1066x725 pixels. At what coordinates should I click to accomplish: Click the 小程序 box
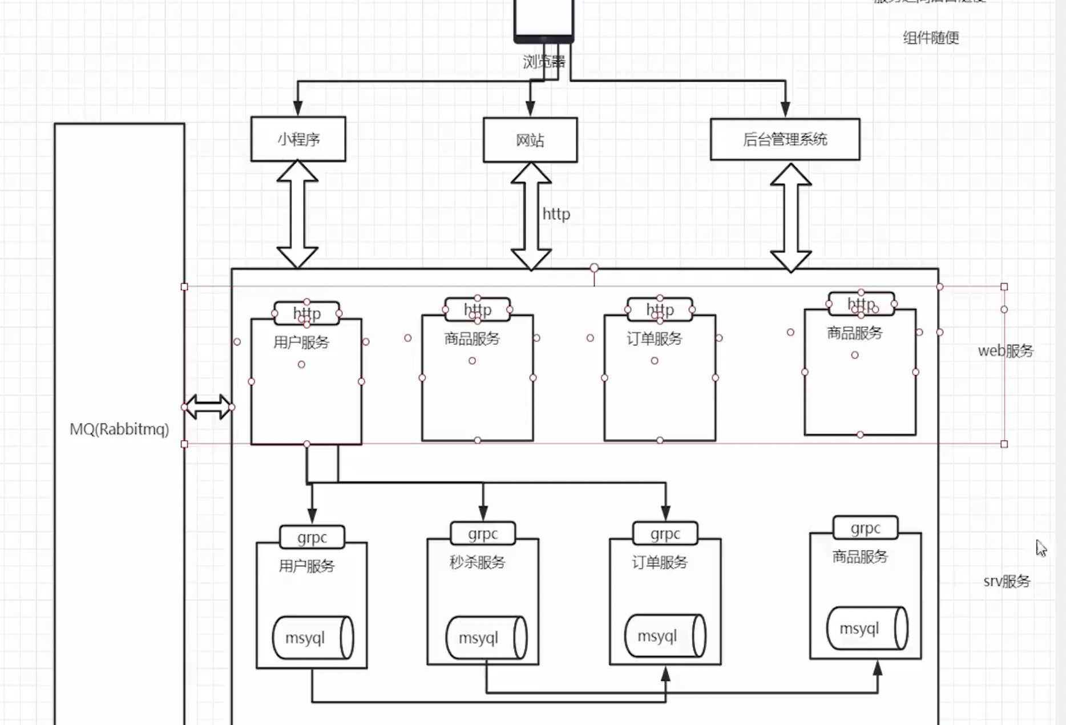(x=298, y=139)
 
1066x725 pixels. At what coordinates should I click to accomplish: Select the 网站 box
(x=530, y=140)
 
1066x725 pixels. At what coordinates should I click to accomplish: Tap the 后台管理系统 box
(x=785, y=139)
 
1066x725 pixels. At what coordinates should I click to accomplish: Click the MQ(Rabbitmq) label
(x=119, y=429)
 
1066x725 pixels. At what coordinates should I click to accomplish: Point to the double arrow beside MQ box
(x=208, y=407)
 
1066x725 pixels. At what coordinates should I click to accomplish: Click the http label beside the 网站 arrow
(x=556, y=214)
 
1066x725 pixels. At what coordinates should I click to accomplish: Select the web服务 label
(x=1006, y=351)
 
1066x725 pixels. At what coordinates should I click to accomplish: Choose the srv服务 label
(x=1007, y=582)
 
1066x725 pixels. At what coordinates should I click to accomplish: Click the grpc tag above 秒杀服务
(x=483, y=534)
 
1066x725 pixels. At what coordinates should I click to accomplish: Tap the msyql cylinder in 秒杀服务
(x=486, y=638)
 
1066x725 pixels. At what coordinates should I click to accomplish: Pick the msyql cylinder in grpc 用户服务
(x=312, y=638)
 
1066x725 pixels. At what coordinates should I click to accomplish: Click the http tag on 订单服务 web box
(x=660, y=310)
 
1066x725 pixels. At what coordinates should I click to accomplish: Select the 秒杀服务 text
(x=477, y=563)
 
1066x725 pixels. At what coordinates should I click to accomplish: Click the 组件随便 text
(x=931, y=38)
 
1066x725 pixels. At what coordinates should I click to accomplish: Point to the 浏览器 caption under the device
(x=544, y=62)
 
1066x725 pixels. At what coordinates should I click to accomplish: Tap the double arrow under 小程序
(x=297, y=215)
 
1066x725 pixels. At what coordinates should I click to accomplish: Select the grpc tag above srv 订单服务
(x=665, y=534)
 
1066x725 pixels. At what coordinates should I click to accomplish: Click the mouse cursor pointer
(x=1041, y=548)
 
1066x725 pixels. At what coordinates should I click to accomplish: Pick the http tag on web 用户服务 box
(x=307, y=313)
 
